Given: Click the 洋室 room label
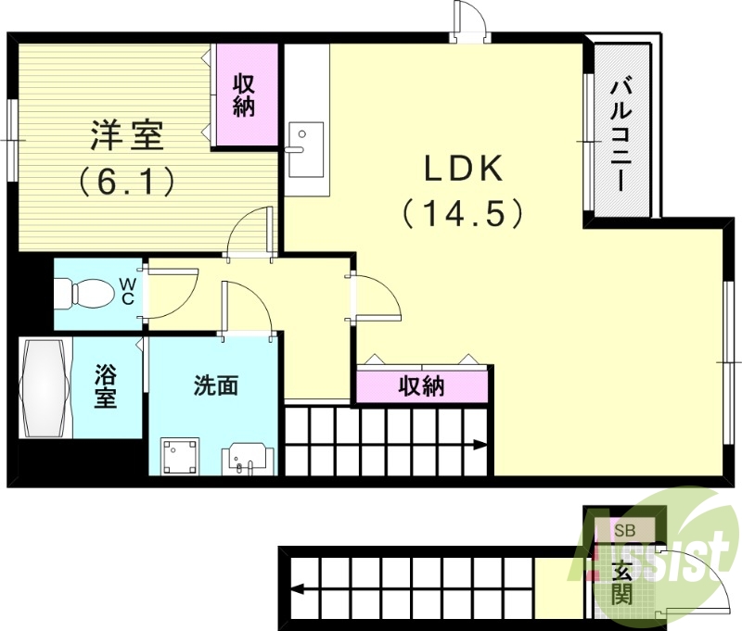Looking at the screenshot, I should [x=127, y=137].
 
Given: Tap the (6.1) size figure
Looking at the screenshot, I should [x=127, y=181].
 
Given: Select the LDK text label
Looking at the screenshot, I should [x=463, y=170].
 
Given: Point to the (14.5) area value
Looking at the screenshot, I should [x=463, y=214].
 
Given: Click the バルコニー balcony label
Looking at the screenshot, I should [x=620, y=134].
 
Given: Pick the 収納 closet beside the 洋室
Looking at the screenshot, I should [x=245, y=95].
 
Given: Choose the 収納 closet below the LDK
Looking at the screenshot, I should [x=422, y=385].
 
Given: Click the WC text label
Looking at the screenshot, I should [x=130, y=291].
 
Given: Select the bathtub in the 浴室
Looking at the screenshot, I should [x=45, y=389].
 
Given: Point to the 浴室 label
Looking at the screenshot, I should [x=106, y=388].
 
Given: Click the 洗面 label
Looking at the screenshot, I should [x=216, y=385].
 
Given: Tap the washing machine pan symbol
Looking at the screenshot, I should [x=180, y=456].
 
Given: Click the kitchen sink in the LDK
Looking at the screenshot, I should [x=305, y=148].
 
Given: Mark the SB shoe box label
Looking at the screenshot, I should [x=621, y=530].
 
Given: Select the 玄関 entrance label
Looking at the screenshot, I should [x=621, y=582].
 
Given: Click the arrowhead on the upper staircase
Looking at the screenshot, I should [x=481, y=445].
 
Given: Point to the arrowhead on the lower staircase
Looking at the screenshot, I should [x=297, y=587].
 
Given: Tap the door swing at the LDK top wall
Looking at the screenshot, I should [x=469, y=20].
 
